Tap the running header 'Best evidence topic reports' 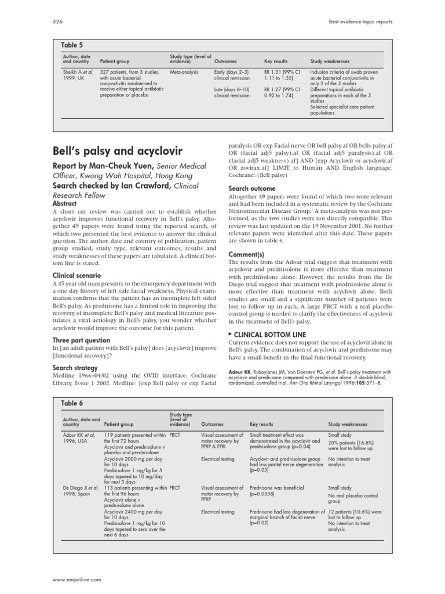[x=359, y=21]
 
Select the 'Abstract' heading [x=64, y=204]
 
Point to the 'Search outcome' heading [x=252, y=189]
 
